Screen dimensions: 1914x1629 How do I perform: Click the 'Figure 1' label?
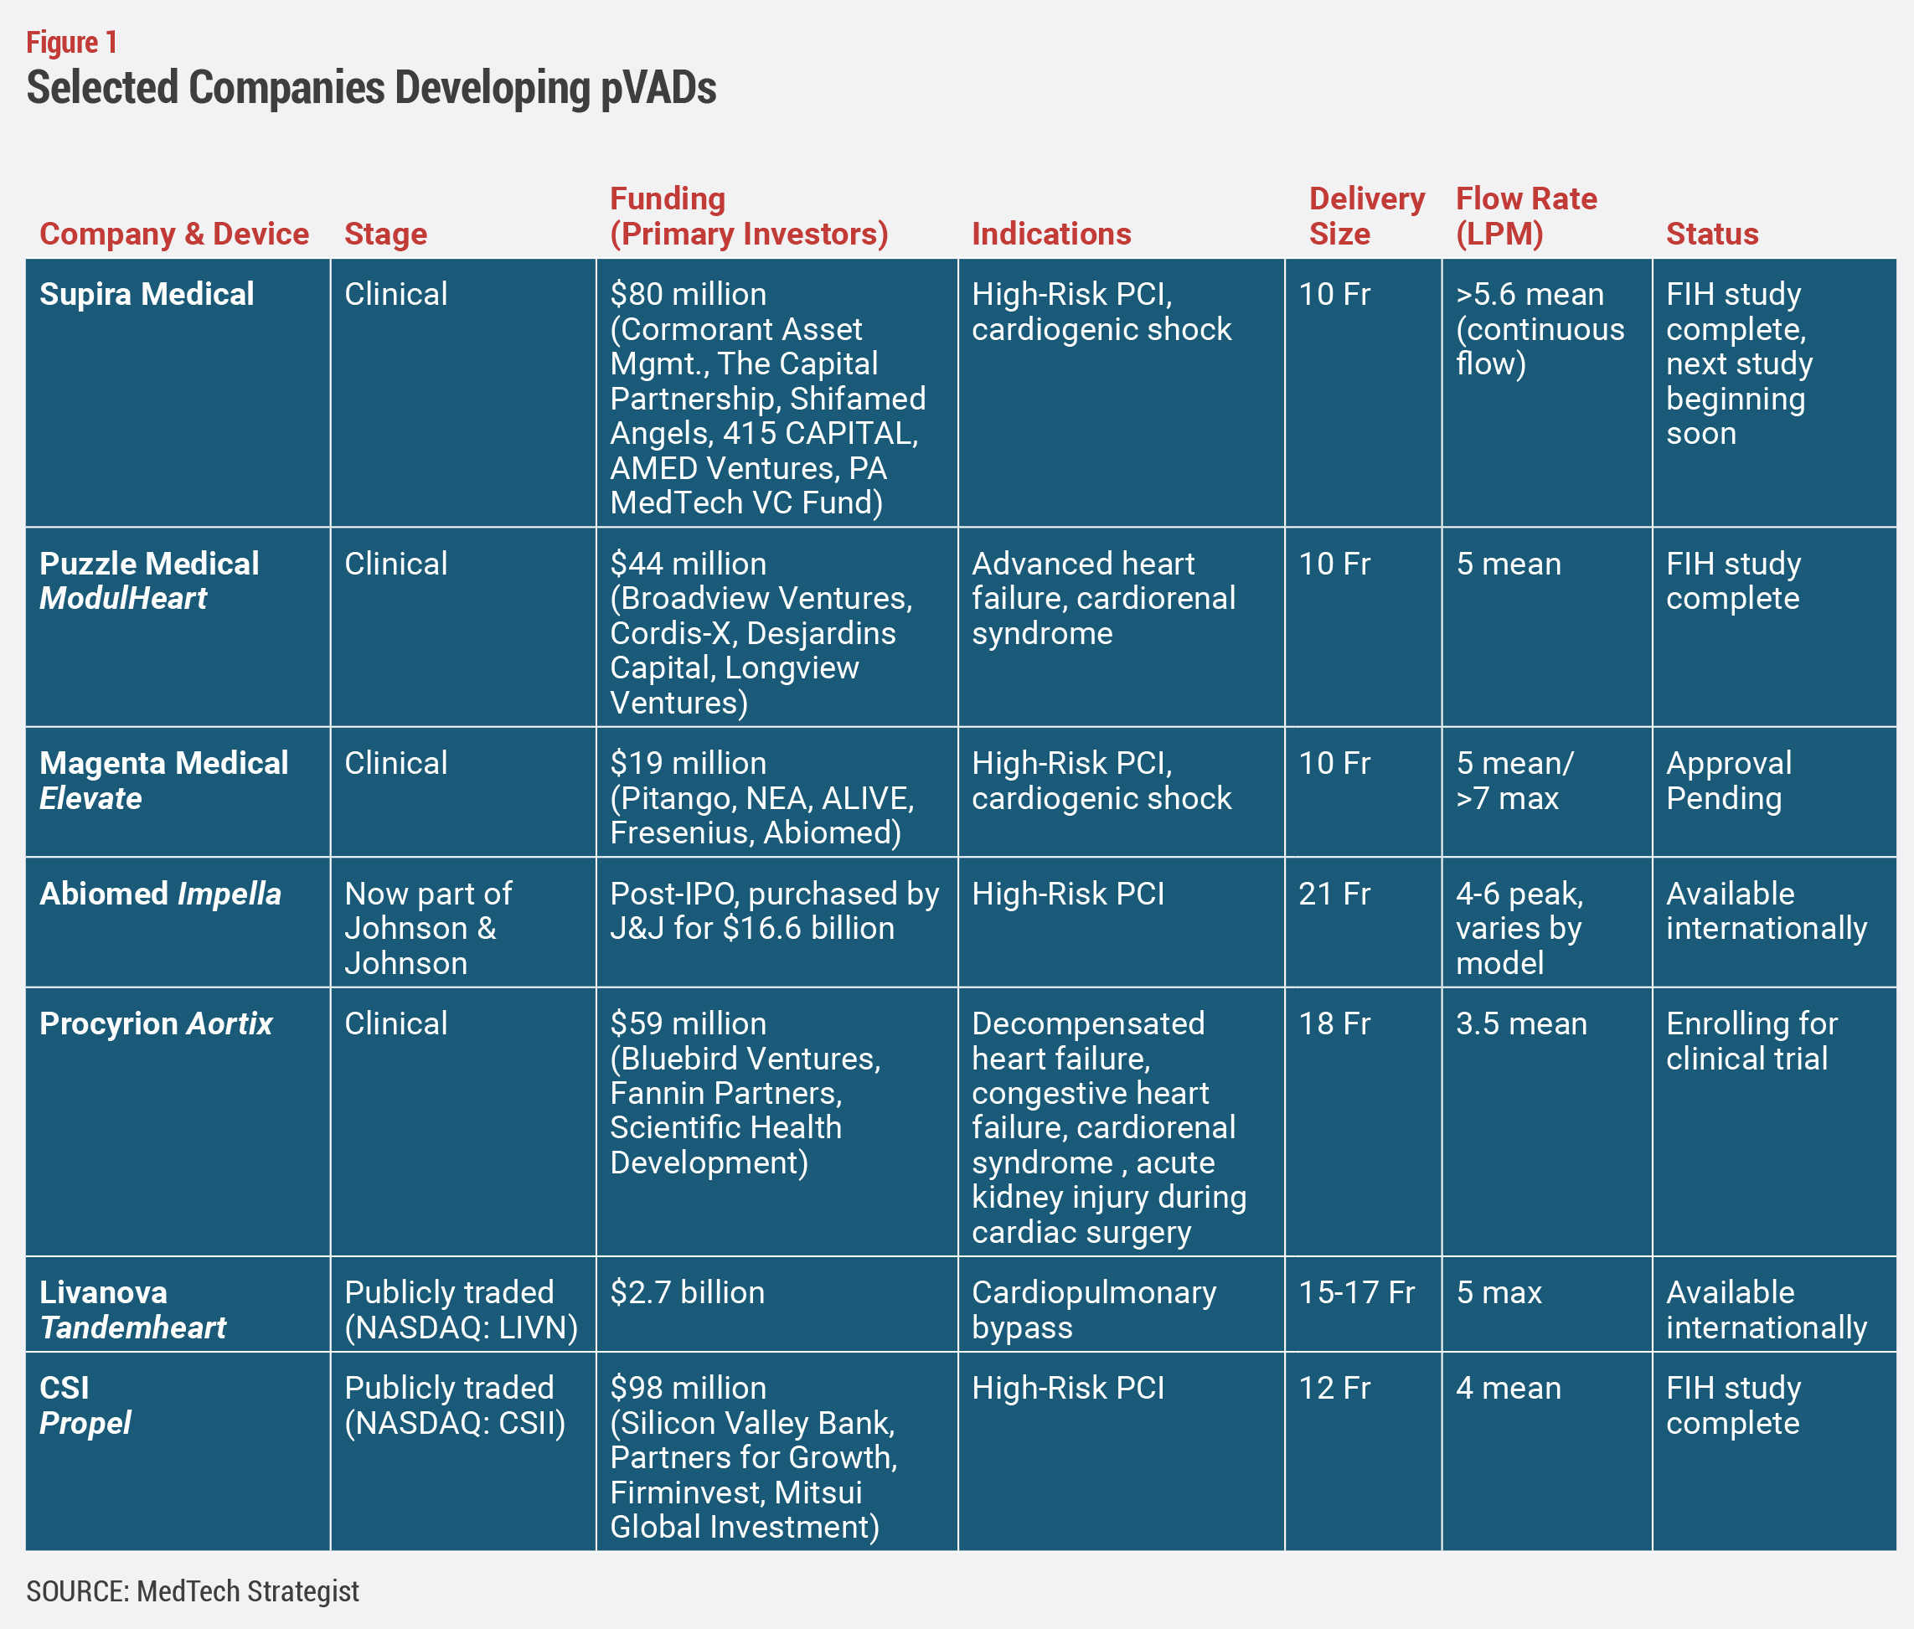71,43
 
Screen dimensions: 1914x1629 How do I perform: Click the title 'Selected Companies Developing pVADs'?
371,88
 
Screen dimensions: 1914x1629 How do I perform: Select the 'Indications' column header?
1051,234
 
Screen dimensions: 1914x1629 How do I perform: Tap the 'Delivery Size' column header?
1366,216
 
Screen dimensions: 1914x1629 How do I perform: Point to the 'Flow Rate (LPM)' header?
1526,216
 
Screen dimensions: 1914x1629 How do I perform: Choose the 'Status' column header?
1711,234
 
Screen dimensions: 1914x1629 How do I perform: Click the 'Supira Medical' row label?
147,294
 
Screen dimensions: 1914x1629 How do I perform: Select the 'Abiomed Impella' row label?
161,893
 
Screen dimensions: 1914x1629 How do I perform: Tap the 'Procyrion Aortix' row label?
156,1023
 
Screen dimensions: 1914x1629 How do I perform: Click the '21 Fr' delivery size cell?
1334,893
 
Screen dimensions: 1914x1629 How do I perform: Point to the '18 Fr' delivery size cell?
1334,1023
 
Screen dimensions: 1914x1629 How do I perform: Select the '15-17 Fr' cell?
1356,1292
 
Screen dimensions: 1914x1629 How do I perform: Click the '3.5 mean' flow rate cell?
1521,1023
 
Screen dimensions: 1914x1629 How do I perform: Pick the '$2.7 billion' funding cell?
687,1292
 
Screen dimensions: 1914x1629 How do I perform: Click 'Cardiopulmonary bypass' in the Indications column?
1094,1309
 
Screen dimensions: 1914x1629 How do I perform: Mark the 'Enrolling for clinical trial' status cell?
1751,1041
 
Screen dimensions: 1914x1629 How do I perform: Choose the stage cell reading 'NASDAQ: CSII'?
455,1422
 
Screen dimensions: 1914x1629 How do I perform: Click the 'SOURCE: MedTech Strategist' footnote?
192,1590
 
